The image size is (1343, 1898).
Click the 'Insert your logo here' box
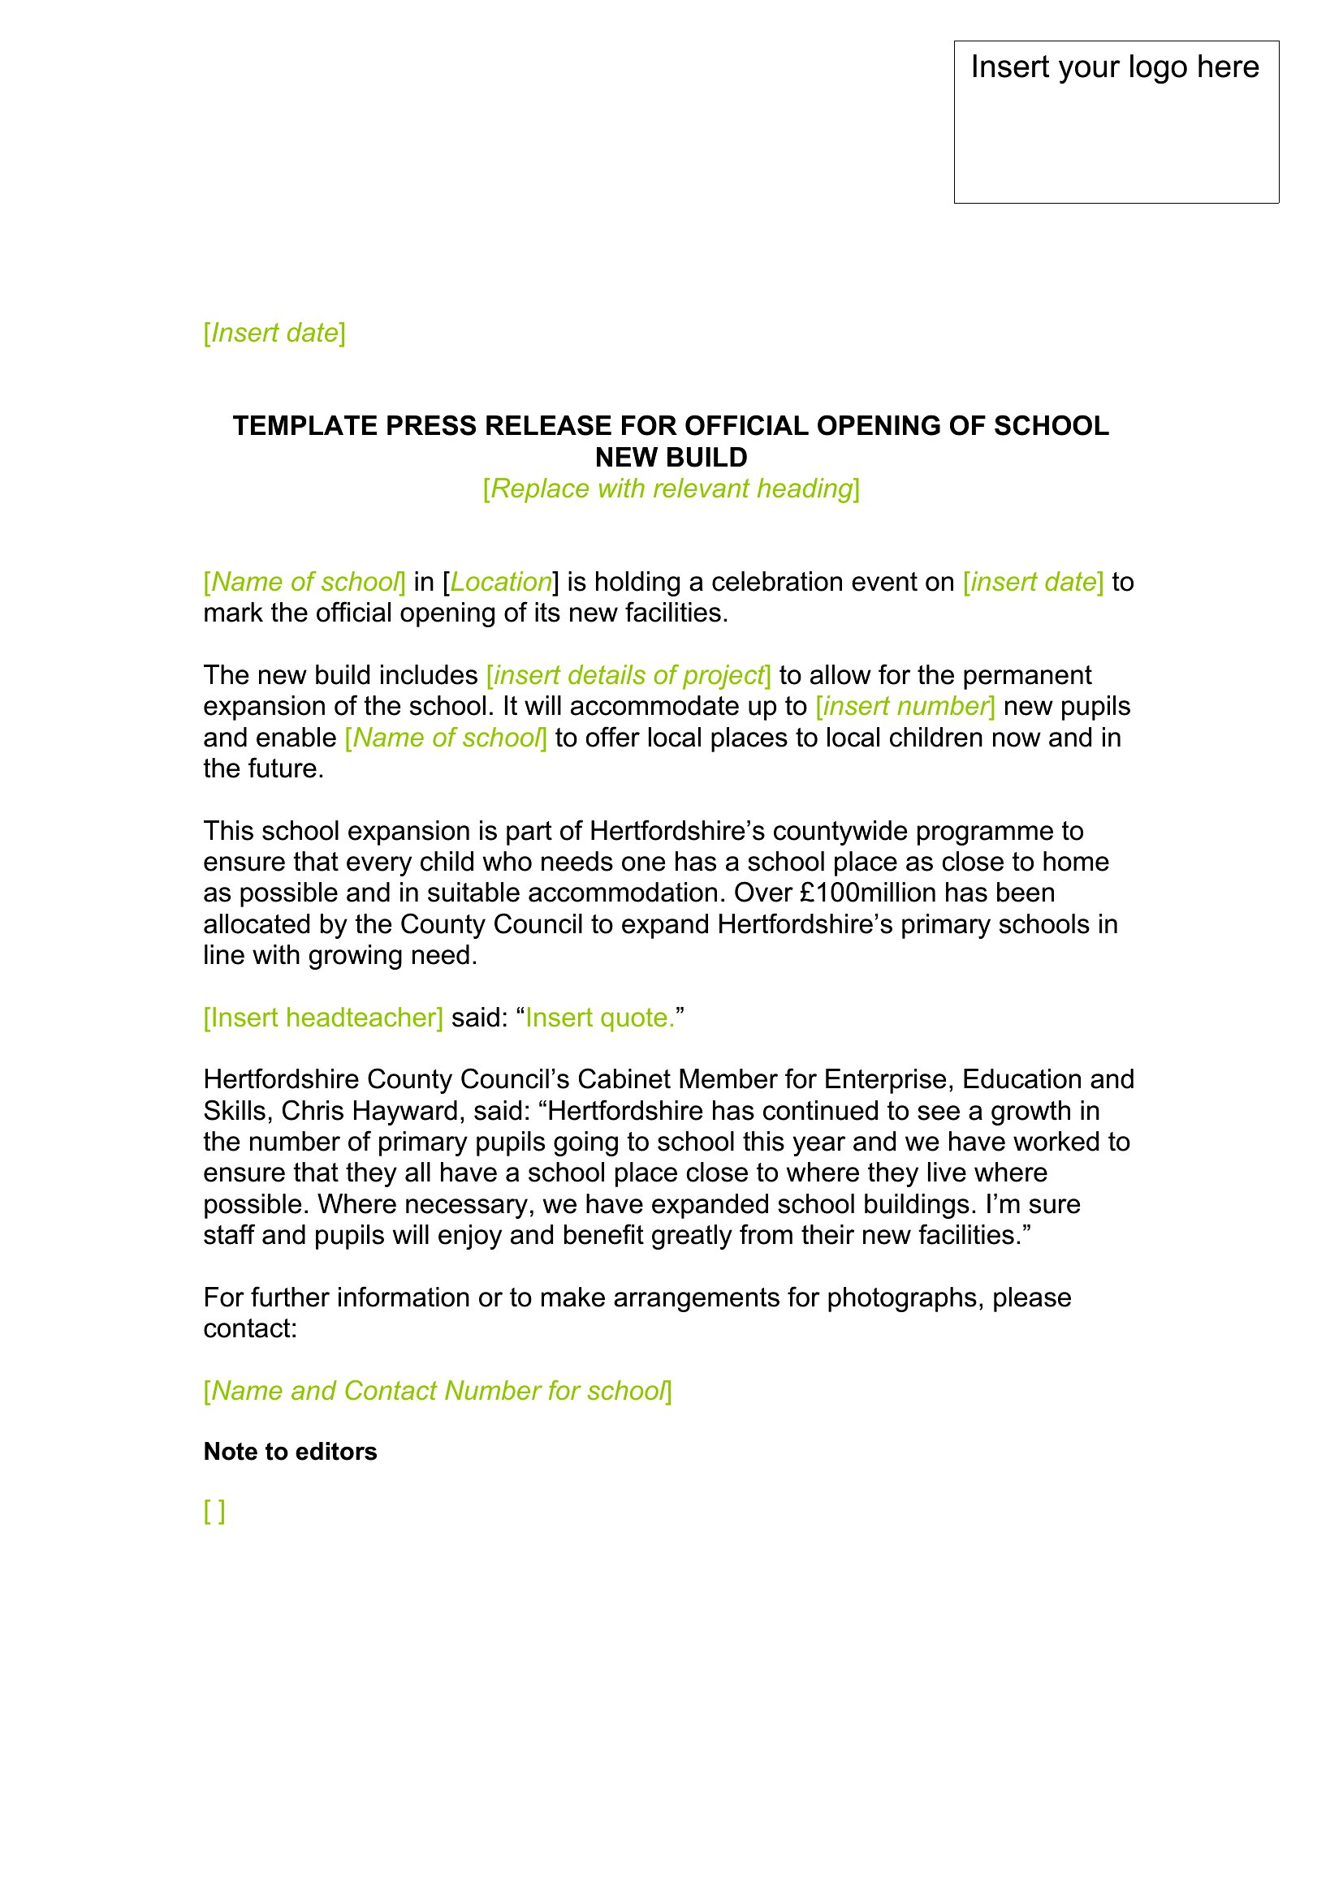pyautogui.click(x=1116, y=122)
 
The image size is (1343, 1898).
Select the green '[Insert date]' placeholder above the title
pyautogui.click(x=274, y=334)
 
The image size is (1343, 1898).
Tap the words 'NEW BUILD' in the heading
pyautogui.click(x=671, y=457)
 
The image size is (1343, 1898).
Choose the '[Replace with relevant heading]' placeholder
pyautogui.click(x=671, y=488)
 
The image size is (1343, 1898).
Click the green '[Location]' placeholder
pyautogui.click(x=500, y=582)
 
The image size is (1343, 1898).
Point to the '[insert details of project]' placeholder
pyautogui.click(x=628, y=675)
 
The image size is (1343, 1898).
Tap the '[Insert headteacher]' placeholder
pyautogui.click(x=323, y=1018)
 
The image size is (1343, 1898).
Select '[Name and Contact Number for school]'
pyautogui.click(x=438, y=1392)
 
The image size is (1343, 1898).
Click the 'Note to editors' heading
pyautogui.click(x=290, y=1452)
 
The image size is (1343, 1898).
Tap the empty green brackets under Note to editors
pyautogui.click(x=214, y=1512)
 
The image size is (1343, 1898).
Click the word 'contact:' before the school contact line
pyautogui.click(x=250, y=1329)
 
